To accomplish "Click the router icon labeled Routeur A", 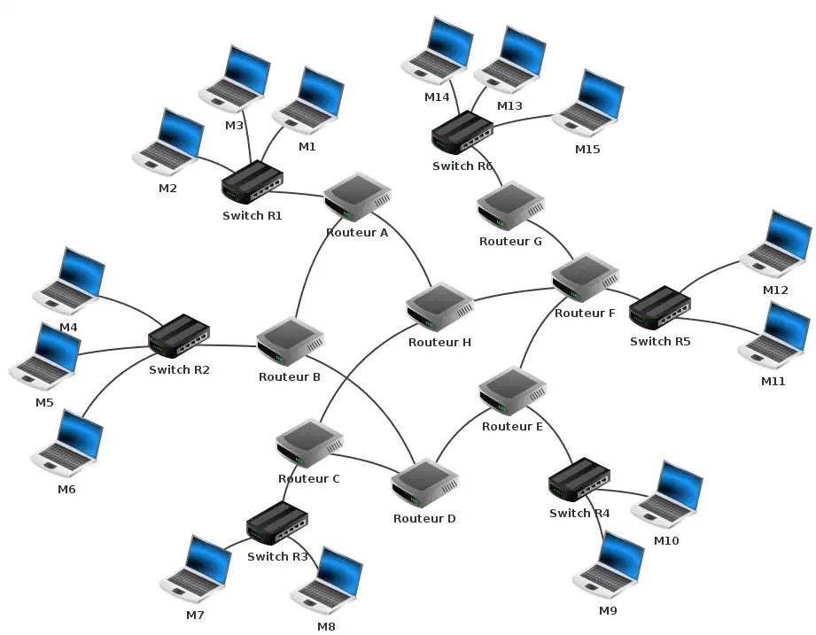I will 357,198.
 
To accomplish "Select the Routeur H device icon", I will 439,306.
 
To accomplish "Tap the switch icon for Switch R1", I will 253,183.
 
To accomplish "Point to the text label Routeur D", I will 424,518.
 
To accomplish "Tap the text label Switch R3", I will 277,557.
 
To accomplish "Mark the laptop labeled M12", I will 777,244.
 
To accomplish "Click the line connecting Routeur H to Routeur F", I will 514,294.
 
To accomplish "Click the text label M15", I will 587,149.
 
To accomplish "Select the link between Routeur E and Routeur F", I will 533,337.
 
